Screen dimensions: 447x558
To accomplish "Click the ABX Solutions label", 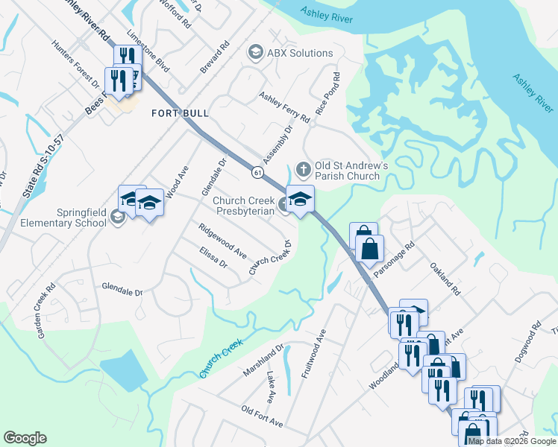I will point(301,53).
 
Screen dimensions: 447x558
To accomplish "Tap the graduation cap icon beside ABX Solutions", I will point(255,53).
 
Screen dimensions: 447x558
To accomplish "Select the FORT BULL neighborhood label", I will point(180,113).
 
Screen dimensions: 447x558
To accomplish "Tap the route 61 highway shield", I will point(257,171).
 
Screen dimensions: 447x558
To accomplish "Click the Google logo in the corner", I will point(25,438).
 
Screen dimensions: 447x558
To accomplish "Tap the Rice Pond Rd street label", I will point(330,93).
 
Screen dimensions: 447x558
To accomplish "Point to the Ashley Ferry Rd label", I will point(284,107).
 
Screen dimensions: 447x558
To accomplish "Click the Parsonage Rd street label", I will point(393,259).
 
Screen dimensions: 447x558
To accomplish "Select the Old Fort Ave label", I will point(262,416).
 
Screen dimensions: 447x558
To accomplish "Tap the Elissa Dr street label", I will point(213,262).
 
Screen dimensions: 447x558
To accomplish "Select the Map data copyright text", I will point(512,441).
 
